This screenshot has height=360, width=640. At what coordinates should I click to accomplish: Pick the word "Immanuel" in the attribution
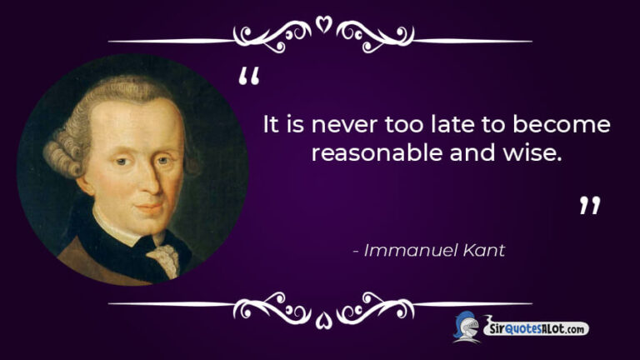(x=406, y=250)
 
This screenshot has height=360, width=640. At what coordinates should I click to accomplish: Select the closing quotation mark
(x=590, y=206)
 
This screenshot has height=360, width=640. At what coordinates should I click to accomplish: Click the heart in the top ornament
(x=322, y=25)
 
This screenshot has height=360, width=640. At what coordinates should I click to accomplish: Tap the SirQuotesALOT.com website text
(x=537, y=329)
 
